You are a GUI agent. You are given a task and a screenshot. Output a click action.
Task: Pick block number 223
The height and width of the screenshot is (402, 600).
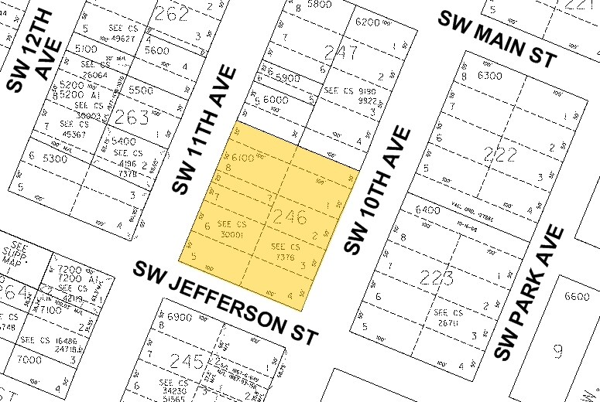436,277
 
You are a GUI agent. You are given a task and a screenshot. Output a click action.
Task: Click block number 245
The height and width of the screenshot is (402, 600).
190,360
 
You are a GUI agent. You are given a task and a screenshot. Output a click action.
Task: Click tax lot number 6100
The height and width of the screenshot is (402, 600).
242,158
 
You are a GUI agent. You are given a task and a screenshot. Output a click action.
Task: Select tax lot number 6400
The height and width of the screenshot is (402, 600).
427,210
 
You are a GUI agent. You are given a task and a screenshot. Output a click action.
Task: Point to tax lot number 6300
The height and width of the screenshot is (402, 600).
491,76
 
